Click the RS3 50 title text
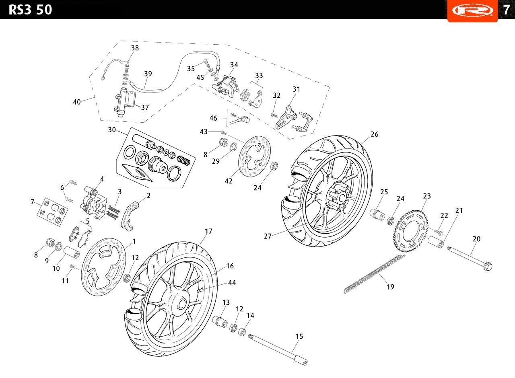tap(30, 10)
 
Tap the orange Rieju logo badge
tap(472, 10)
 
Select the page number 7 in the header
tap(506, 10)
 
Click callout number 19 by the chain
tap(390, 287)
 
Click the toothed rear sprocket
tap(411, 231)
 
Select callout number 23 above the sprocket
tap(427, 196)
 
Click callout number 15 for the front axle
tap(299, 336)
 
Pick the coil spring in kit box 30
tap(183, 160)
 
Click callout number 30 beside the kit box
tap(112, 130)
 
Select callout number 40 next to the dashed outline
tap(77, 102)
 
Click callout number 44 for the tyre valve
tap(232, 282)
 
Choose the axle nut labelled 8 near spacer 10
tap(51, 242)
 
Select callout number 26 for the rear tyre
tap(374, 134)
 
